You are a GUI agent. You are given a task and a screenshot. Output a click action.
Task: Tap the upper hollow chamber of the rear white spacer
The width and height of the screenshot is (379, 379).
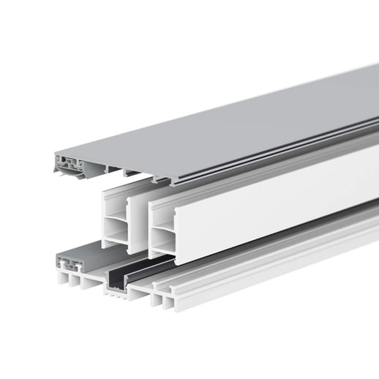116,208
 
